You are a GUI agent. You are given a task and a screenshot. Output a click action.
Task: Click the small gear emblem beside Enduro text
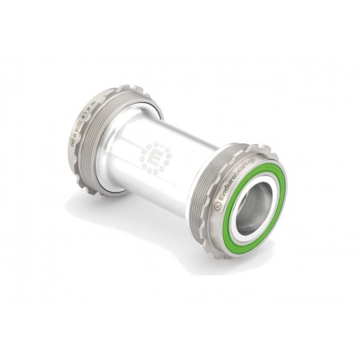tap(217, 205)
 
